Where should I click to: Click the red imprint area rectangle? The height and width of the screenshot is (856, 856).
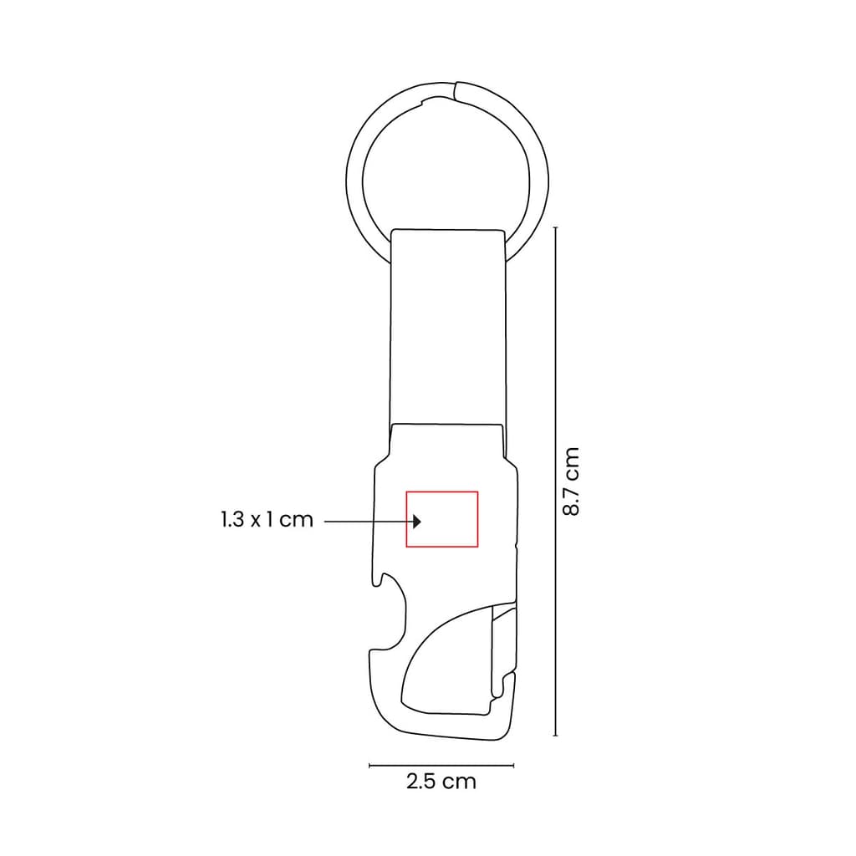tap(442, 492)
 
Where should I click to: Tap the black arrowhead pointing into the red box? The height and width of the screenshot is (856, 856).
tap(417, 522)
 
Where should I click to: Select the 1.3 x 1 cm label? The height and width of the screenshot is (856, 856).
tap(267, 519)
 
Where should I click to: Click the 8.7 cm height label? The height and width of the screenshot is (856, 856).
tap(570, 481)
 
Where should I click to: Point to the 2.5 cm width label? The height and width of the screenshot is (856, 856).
tap(441, 782)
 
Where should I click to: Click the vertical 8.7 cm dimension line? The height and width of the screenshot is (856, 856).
tap(556, 481)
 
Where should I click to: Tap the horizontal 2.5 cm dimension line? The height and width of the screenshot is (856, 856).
tap(441, 766)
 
